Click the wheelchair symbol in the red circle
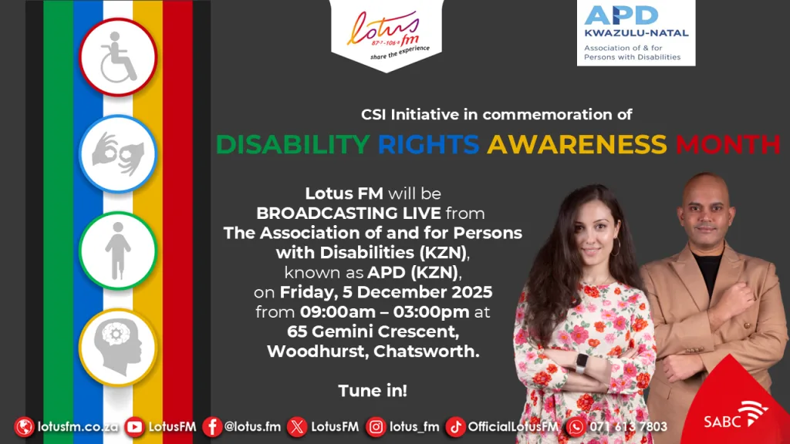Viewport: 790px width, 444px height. pos(118,57)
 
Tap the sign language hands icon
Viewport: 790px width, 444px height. pos(118,153)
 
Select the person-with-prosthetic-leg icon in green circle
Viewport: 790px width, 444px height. pos(118,251)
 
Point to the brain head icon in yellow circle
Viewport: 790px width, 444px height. pos(118,348)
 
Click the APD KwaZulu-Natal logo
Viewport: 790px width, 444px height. pos(636,32)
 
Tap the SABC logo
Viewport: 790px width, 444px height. pos(735,415)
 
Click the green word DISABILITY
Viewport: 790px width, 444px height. pos(292,144)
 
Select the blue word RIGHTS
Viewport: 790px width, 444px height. pos(428,144)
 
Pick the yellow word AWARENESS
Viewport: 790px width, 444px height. pos(577,144)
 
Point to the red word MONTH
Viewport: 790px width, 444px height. pos(728,144)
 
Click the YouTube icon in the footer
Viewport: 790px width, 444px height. pos(134,427)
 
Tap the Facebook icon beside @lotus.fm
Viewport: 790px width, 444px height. pos(212,427)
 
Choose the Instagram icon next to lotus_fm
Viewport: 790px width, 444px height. pos(376,427)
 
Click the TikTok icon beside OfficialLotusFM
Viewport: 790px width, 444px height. pos(455,427)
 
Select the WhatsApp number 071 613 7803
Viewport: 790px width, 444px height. pos(628,427)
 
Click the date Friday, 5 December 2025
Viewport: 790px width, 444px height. pos(387,292)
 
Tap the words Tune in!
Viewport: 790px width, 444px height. pos(373,391)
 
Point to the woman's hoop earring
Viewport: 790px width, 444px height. pos(616,247)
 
